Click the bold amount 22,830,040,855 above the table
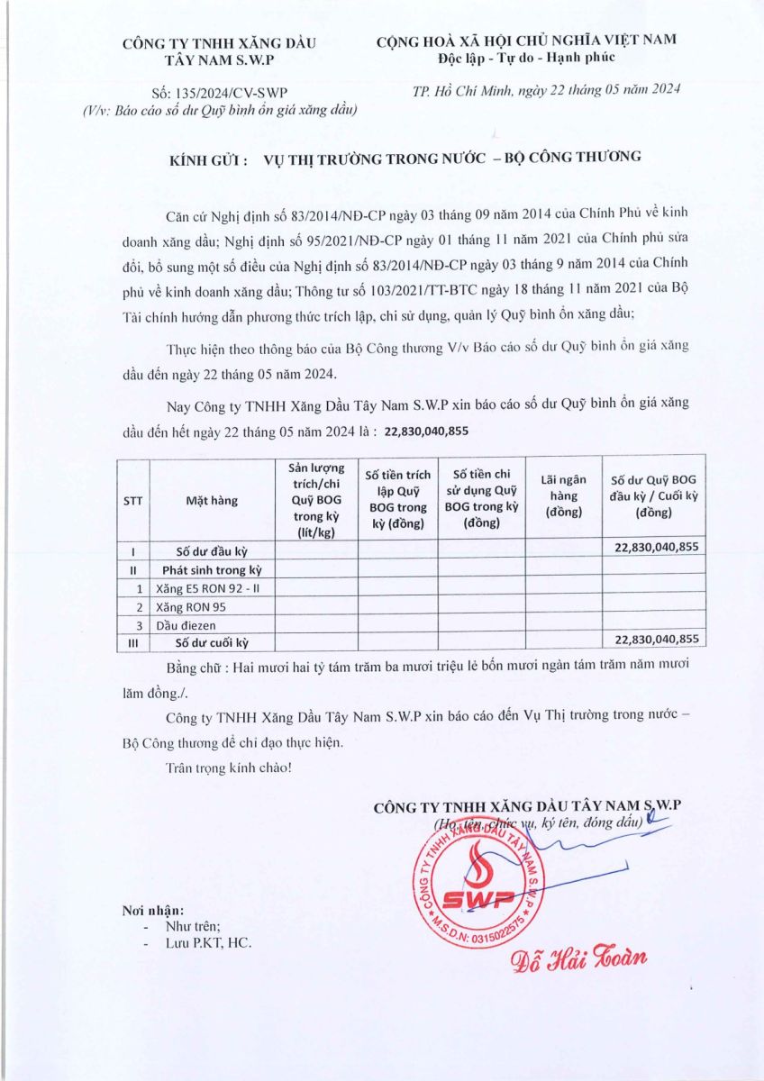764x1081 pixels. pos(426,431)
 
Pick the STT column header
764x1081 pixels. pos(133,501)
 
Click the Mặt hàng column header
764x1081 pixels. pos(212,501)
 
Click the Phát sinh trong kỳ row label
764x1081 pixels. pos(212,570)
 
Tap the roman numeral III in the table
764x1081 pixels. pos(133,642)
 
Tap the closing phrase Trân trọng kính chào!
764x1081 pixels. pos(229,768)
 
